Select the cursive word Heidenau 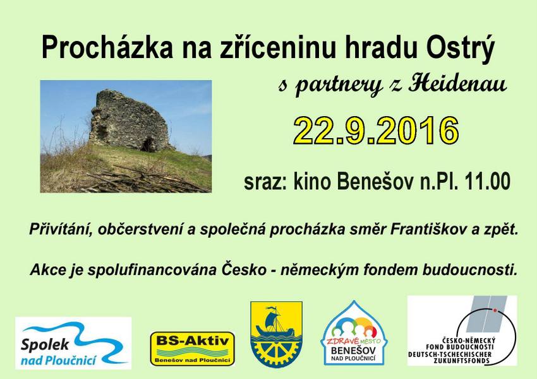point(457,83)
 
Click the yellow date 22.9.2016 point(376,130)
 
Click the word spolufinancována point(152,270)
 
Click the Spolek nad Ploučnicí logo point(73,343)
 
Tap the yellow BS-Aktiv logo point(193,349)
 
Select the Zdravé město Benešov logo point(354,334)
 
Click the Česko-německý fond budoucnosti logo point(462,330)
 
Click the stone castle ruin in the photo point(130,120)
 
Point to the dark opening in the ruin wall point(148,144)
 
